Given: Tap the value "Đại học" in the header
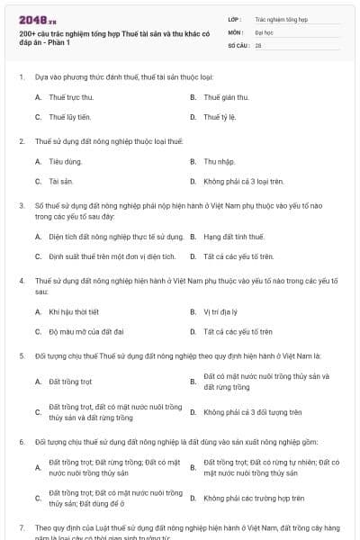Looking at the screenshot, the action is coord(266,31).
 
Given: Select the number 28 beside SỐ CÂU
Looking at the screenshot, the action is coord(258,44).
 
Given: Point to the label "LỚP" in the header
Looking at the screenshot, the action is coord(233,18).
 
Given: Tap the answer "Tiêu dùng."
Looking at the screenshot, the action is coord(66,161).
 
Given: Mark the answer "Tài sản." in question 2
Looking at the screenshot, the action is coord(61,181).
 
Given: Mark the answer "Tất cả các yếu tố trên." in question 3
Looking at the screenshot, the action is coord(238,256).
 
